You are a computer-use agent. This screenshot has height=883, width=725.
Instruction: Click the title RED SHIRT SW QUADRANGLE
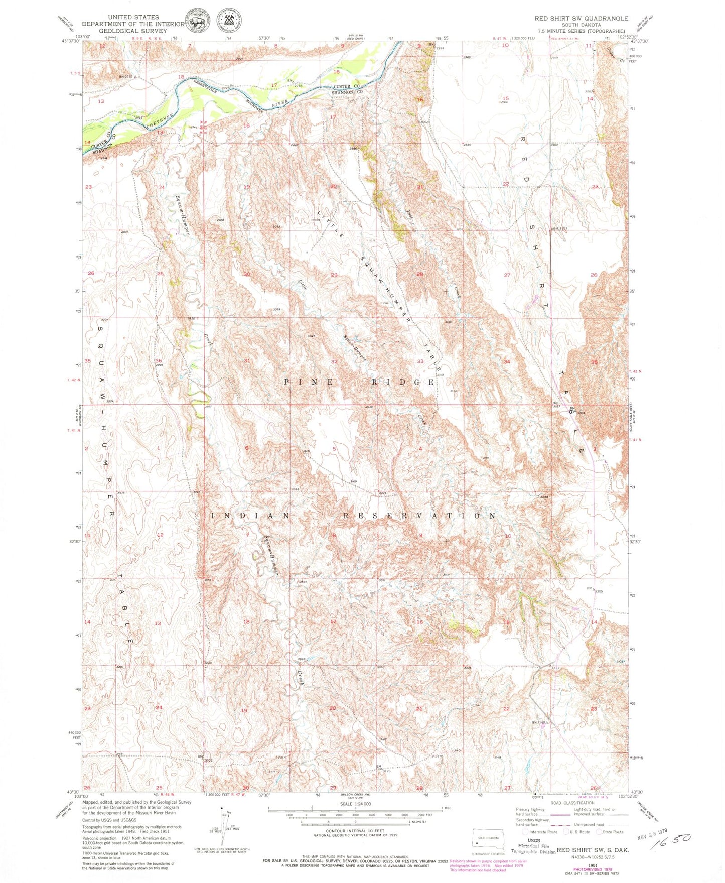[x=581, y=18]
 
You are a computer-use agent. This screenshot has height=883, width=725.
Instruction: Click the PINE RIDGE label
[x=359, y=382]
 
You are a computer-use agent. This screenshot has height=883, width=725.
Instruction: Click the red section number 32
[x=334, y=361]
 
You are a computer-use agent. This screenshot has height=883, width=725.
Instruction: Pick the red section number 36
[x=159, y=361]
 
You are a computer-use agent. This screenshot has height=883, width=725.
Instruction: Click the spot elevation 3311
[x=555, y=668]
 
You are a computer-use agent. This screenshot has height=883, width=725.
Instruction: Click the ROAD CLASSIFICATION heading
[x=572, y=803]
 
